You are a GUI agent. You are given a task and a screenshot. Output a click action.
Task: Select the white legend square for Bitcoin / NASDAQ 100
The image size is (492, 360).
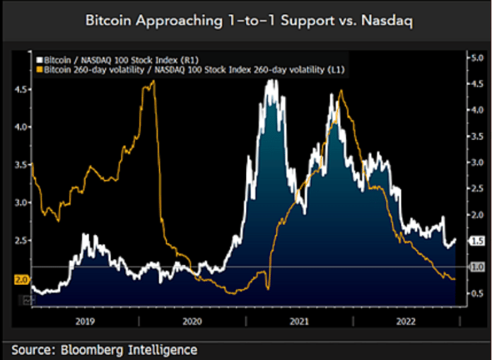(40, 62)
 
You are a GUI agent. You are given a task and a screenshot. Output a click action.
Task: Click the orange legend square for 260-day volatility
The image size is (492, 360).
(40, 70)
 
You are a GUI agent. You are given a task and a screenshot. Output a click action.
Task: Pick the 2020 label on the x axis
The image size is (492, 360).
(192, 320)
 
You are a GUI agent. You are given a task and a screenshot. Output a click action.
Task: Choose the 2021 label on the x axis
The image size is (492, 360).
(298, 320)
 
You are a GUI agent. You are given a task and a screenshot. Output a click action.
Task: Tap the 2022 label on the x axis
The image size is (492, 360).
(404, 320)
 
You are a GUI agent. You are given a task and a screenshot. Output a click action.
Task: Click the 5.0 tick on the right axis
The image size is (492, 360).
(476, 58)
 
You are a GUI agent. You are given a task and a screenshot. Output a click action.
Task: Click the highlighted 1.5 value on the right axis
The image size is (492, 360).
(476, 241)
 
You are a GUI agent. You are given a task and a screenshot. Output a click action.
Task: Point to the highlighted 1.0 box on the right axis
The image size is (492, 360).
(476, 267)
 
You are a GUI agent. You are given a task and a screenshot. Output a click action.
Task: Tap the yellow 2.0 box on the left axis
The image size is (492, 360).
(21, 279)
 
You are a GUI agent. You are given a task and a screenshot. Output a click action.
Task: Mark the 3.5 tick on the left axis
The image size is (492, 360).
(21, 165)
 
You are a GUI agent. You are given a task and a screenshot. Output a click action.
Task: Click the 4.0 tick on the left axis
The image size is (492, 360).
(21, 127)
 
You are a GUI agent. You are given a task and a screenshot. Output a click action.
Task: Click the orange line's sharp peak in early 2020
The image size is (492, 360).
(153, 81)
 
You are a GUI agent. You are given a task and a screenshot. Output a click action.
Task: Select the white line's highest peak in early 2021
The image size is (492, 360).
(270, 81)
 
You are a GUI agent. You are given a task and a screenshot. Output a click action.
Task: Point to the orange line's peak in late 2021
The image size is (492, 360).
(341, 91)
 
